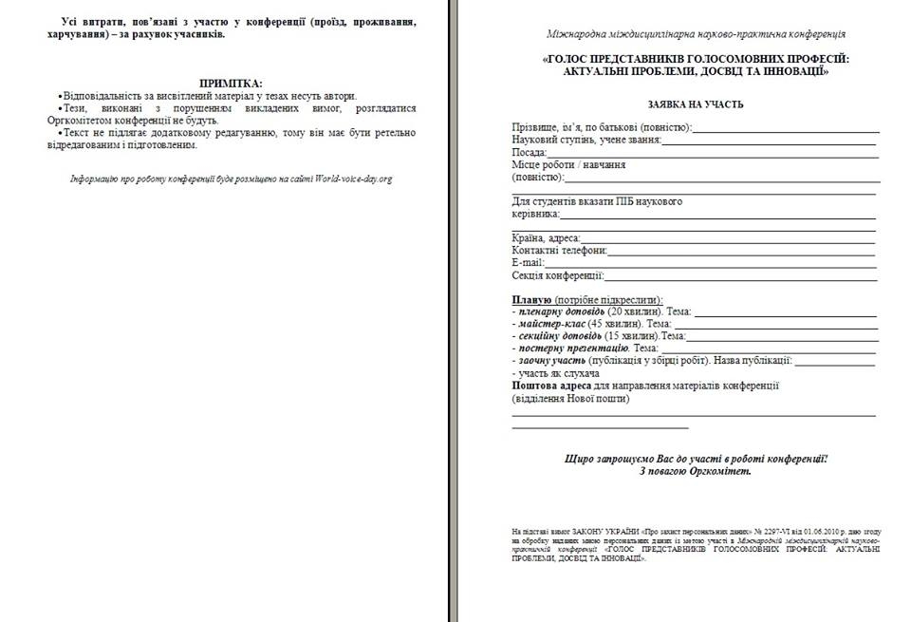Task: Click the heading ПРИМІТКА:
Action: (231, 84)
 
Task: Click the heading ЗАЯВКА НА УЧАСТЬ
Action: (695, 104)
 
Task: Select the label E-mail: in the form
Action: (528, 263)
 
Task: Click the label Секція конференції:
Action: (558, 275)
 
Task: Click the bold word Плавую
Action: (531, 299)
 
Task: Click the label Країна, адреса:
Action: (546, 238)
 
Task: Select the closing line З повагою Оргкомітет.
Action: (695, 471)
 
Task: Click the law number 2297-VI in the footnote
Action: (724, 532)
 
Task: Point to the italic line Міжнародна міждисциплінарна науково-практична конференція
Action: (696, 34)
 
